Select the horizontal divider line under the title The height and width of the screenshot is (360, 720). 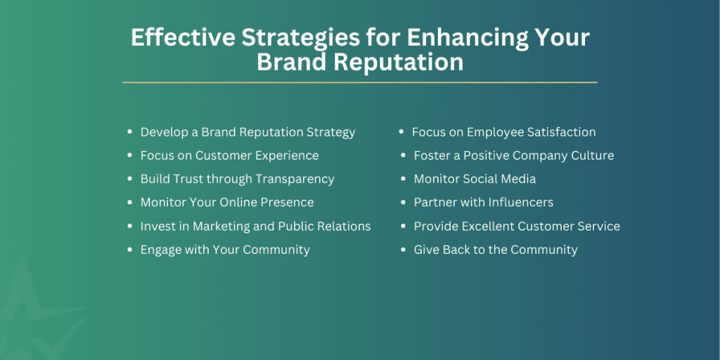point(359,82)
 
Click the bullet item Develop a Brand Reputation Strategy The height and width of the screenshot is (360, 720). point(247,132)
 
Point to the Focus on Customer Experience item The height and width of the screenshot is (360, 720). point(229,155)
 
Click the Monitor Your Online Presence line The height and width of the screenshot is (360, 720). point(227,202)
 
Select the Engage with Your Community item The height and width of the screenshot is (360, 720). point(225,250)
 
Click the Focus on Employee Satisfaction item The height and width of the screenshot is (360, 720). point(503,132)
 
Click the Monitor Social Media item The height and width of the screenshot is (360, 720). point(475,179)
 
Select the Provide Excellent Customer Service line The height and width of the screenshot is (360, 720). point(517,226)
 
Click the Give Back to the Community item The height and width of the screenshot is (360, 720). point(496,250)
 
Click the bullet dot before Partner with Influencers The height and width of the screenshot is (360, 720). point(404,202)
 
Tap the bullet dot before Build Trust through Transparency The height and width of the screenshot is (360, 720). point(130,179)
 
